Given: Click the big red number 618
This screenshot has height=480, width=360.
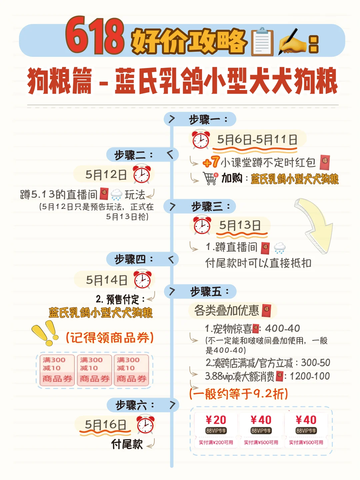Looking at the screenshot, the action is coord(95,36).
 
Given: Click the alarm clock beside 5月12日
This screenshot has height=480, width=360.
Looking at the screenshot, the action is coord(142,174).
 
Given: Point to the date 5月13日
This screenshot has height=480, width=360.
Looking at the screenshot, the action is coord(240,226).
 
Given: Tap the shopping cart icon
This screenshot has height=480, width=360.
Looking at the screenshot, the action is coord(210,178).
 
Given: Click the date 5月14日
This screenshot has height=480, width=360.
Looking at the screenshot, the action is coord(107,280).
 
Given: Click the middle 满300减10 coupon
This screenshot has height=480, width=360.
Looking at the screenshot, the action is coord(94,369).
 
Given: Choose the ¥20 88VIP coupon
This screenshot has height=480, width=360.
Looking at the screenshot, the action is coord(216,429).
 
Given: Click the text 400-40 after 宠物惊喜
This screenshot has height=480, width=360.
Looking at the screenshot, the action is coord(282,329).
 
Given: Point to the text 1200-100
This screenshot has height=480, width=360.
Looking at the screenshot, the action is coord(310,376).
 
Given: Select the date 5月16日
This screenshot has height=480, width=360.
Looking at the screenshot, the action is coord(105,425).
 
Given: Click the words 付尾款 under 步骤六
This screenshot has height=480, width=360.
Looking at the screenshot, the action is coord(127,444).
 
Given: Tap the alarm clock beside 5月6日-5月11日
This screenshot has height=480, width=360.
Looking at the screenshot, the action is coord(201,140).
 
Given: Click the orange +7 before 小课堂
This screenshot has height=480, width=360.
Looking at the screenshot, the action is coord(211,162).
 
